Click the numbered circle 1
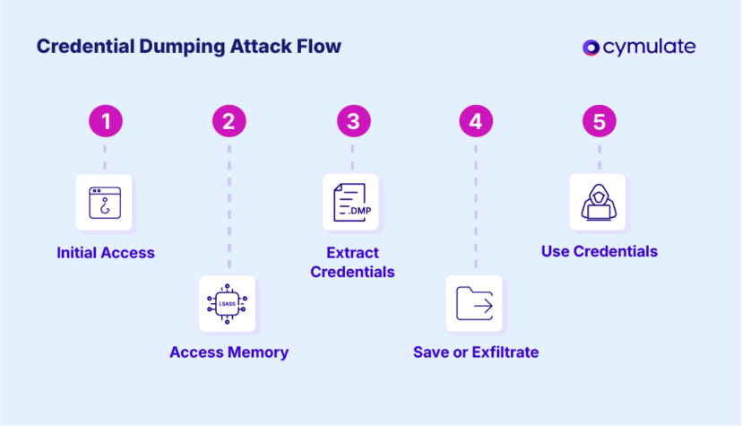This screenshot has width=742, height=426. pos(105,122)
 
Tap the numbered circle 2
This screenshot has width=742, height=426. pos(229,122)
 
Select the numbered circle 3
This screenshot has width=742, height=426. pos(352,122)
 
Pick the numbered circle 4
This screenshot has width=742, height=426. pos(476,122)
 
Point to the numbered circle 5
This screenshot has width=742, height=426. pos(600,122)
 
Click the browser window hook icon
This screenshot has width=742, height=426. pos(105,203)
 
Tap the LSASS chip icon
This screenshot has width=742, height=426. pos(228,304)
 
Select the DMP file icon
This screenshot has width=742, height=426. pos(351,203)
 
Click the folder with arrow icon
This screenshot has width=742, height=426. pos(475,304)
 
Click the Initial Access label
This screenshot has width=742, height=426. pos(106,253)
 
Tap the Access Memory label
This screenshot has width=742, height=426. pos(229,352)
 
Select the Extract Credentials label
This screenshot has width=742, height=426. pos(352,262)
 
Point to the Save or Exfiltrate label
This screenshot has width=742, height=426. pos(476,352)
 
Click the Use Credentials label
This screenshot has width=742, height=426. pos(600,251)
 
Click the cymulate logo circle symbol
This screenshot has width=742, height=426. pos(591,48)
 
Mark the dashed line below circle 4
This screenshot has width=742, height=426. pos(476,205)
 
